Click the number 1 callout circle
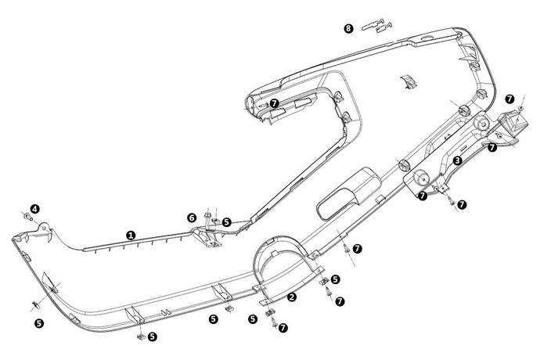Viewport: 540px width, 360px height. (x=131, y=233)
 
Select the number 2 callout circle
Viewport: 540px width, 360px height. (x=292, y=297)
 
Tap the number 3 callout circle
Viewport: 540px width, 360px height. (x=457, y=160)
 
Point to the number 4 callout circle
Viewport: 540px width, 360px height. (x=35, y=209)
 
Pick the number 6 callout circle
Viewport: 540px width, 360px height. (x=191, y=217)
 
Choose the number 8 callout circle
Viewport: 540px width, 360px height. (x=348, y=28)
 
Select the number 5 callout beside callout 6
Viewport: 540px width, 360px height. (x=227, y=222)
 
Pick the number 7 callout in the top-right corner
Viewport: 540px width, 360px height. (x=509, y=99)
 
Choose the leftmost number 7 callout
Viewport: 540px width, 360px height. (x=274, y=103)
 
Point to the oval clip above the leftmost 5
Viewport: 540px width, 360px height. (x=36, y=303)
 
